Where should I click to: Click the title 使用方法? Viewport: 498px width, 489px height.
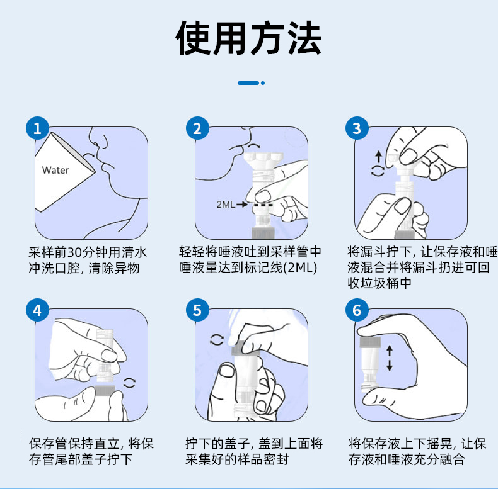[248, 39]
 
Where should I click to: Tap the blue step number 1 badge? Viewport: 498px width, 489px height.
[37, 128]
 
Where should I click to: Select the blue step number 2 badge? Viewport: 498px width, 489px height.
[198, 128]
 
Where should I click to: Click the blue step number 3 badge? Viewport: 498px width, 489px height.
[357, 128]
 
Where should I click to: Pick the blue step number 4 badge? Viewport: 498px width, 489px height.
[37, 310]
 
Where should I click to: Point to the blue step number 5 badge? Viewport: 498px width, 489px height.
[198, 310]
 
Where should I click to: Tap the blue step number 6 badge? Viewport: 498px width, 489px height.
[357, 310]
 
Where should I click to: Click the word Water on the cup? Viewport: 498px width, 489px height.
[55, 170]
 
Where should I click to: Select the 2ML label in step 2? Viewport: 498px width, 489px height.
[225, 205]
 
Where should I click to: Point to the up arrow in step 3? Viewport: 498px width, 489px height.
[378, 155]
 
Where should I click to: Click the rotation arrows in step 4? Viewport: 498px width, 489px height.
[130, 382]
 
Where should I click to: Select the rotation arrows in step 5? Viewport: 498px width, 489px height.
[216, 340]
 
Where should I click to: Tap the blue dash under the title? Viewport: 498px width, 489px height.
[248, 82]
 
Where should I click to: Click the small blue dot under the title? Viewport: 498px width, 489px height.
[263, 82]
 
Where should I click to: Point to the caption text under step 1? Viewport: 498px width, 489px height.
[88, 260]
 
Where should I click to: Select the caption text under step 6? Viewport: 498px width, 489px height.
[417, 451]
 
